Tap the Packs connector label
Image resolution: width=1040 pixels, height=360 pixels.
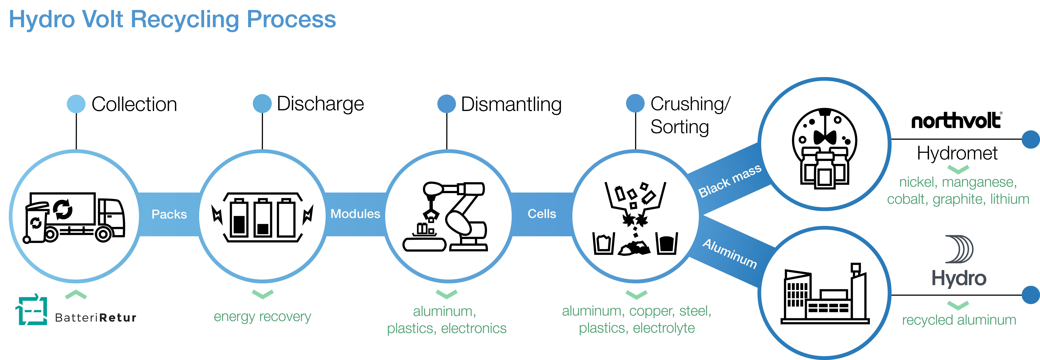pyautogui.click(x=169, y=214)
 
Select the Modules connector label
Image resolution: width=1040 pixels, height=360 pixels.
pyautogui.click(x=355, y=214)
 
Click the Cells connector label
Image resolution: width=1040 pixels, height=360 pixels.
pyautogui.click(x=542, y=214)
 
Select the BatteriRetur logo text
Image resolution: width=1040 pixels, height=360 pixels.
pyautogui.click(x=96, y=318)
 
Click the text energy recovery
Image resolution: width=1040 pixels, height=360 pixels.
pyautogui.click(x=262, y=317)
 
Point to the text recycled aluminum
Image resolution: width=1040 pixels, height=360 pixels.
pyautogui.click(x=959, y=320)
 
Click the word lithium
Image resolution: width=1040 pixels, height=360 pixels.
pyautogui.click(x=1009, y=199)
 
